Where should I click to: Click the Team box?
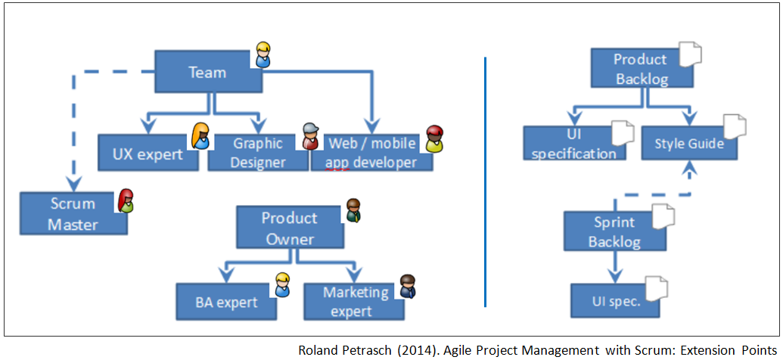click(x=208, y=71)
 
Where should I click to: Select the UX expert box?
click(x=147, y=153)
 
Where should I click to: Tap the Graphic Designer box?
click(x=258, y=153)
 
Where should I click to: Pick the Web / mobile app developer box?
click(x=372, y=153)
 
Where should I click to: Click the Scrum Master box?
click(x=73, y=214)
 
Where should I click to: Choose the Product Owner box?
click(x=291, y=228)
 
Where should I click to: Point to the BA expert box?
click(x=226, y=302)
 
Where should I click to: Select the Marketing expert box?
click(x=354, y=302)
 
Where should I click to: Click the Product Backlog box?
click(x=641, y=68)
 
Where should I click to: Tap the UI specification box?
click(x=574, y=143)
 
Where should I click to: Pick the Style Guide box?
click(x=689, y=143)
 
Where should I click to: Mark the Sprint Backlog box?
click(x=615, y=231)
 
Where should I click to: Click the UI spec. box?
click(x=615, y=300)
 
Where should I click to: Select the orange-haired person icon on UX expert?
click(x=200, y=136)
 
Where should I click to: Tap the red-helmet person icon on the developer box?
click(x=435, y=139)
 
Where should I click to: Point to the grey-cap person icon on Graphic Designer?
click(x=310, y=136)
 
